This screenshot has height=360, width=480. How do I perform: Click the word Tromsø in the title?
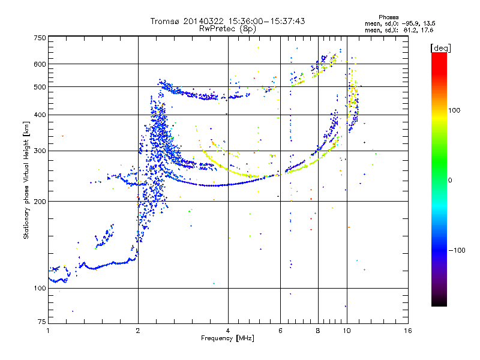(x=166, y=21)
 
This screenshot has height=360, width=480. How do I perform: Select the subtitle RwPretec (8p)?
(x=228, y=29)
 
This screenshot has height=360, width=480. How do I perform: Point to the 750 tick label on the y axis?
(x=40, y=38)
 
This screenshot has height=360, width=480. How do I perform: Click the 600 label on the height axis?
(x=40, y=64)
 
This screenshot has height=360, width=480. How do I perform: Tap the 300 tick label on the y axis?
(x=40, y=151)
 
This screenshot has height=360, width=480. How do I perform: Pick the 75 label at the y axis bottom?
(x=42, y=322)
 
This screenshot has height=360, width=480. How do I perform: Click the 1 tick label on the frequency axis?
(x=48, y=331)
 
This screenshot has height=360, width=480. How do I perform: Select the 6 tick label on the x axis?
(x=280, y=331)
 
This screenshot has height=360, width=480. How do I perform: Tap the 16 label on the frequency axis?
(x=408, y=331)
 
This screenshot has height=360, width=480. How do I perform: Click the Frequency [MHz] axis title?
(x=227, y=338)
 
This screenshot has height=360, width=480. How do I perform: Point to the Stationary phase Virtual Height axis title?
(x=26, y=181)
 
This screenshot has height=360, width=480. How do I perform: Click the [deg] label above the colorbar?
(x=440, y=48)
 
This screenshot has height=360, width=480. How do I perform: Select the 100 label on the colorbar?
(x=454, y=110)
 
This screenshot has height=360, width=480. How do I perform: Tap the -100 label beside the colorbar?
(x=457, y=250)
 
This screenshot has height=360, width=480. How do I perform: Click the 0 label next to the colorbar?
(x=450, y=181)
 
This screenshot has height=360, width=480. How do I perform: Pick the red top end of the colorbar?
(x=439, y=54)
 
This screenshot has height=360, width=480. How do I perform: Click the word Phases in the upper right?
(x=389, y=17)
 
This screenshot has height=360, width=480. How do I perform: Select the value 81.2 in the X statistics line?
(x=410, y=30)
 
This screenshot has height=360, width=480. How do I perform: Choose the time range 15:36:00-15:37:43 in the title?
(x=266, y=21)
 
